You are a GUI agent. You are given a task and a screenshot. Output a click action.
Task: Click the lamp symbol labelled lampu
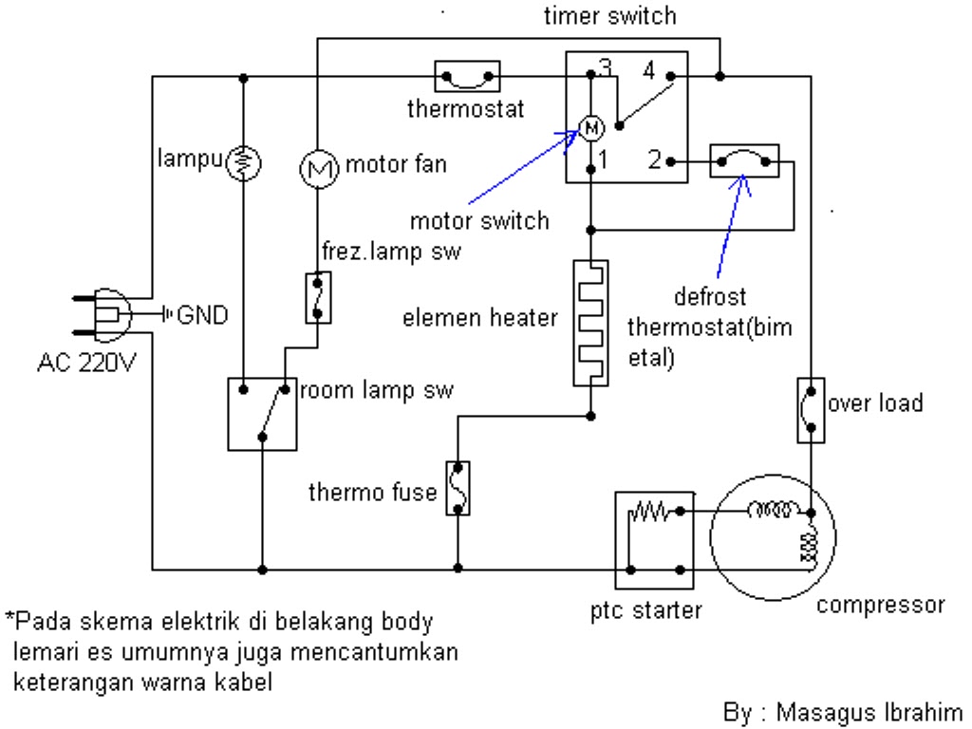tap(244, 164)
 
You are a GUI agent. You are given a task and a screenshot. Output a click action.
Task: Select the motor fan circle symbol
tap(318, 168)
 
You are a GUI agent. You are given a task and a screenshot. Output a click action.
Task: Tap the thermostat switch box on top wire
tap(466, 76)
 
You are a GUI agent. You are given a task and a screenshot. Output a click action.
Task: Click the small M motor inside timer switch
tap(590, 126)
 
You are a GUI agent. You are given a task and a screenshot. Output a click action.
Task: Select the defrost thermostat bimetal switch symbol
tap(744, 161)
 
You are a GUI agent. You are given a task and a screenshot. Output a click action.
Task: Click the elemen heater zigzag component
tap(590, 323)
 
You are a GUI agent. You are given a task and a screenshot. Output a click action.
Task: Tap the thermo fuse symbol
tap(458, 488)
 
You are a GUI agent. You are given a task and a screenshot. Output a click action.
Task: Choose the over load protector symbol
tap(812, 409)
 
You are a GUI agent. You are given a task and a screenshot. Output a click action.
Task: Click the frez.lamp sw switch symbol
tap(317, 298)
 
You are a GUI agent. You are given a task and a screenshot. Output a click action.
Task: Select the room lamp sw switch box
tap(262, 414)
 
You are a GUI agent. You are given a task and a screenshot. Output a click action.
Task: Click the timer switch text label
tap(609, 16)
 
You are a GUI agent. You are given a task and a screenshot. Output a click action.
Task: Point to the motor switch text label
tap(478, 221)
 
